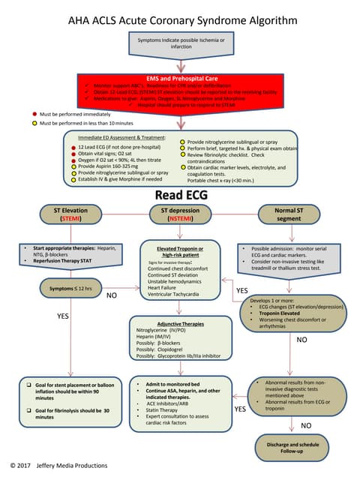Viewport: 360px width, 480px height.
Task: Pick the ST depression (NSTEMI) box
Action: pos(179,214)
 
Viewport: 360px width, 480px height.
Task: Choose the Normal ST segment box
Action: pos(289,214)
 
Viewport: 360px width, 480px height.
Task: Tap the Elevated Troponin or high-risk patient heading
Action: pos(180,252)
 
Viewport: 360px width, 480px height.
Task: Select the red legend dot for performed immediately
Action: pos(34,114)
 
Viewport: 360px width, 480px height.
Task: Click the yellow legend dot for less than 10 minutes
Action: pos(34,123)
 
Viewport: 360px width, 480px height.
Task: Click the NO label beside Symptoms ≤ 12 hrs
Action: pos(111,295)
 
